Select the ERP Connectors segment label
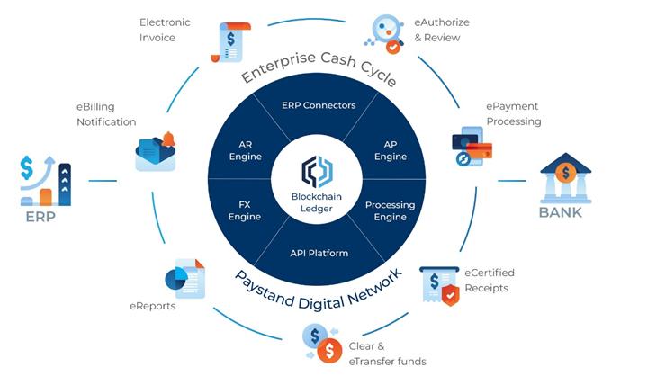[x=319, y=105]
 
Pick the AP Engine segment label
[x=391, y=149]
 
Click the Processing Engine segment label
[x=390, y=210]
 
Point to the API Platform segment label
[x=319, y=253]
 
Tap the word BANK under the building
[x=561, y=213]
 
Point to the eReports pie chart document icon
[x=185, y=279]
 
